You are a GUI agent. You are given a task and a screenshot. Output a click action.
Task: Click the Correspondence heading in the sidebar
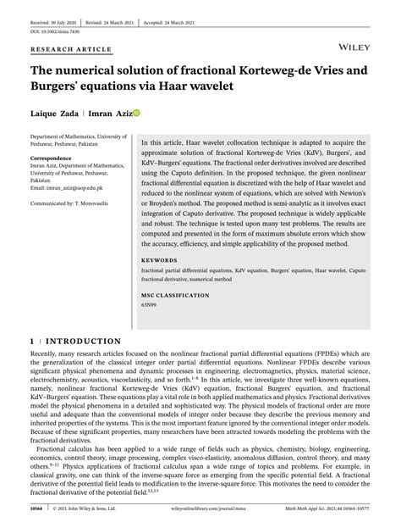tap(57, 158)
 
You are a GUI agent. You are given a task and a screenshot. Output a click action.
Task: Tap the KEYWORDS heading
tap(159, 260)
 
